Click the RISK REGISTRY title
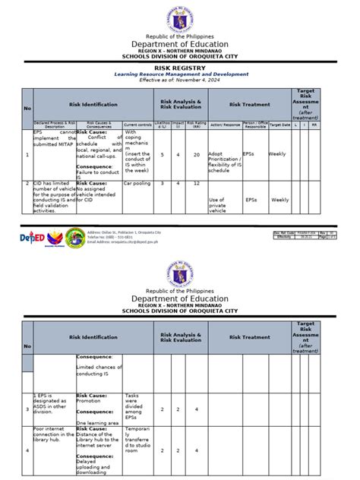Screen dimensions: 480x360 180,67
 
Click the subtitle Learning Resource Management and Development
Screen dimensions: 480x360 180,74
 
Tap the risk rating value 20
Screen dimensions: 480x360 197,155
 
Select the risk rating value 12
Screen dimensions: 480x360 197,183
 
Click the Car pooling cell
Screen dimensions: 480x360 137,183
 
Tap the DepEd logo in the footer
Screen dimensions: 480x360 30,236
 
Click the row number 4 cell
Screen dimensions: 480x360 27,450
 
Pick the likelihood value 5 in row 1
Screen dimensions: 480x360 162,155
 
